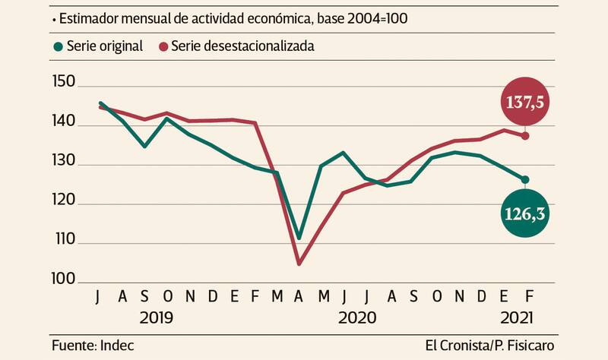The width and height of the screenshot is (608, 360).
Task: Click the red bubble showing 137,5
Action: point(525,102)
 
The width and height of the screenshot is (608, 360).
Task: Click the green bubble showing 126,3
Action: point(525,214)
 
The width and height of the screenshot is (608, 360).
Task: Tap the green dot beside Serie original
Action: point(58,46)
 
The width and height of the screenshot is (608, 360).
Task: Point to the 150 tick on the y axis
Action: point(67,82)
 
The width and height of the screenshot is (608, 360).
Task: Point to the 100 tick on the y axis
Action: point(67,281)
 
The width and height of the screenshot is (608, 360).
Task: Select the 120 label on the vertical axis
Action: point(67,204)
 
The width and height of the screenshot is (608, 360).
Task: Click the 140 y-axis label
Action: point(67,122)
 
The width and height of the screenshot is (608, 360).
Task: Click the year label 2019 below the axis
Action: point(155,317)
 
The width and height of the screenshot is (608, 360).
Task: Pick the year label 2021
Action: point(516,317)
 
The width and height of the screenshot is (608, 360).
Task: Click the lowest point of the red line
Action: point(299,264)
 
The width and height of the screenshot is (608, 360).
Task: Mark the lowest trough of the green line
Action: point(299,238)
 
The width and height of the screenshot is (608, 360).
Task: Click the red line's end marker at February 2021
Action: point(525,136)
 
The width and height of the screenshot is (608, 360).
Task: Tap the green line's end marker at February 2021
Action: point(525,179)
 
